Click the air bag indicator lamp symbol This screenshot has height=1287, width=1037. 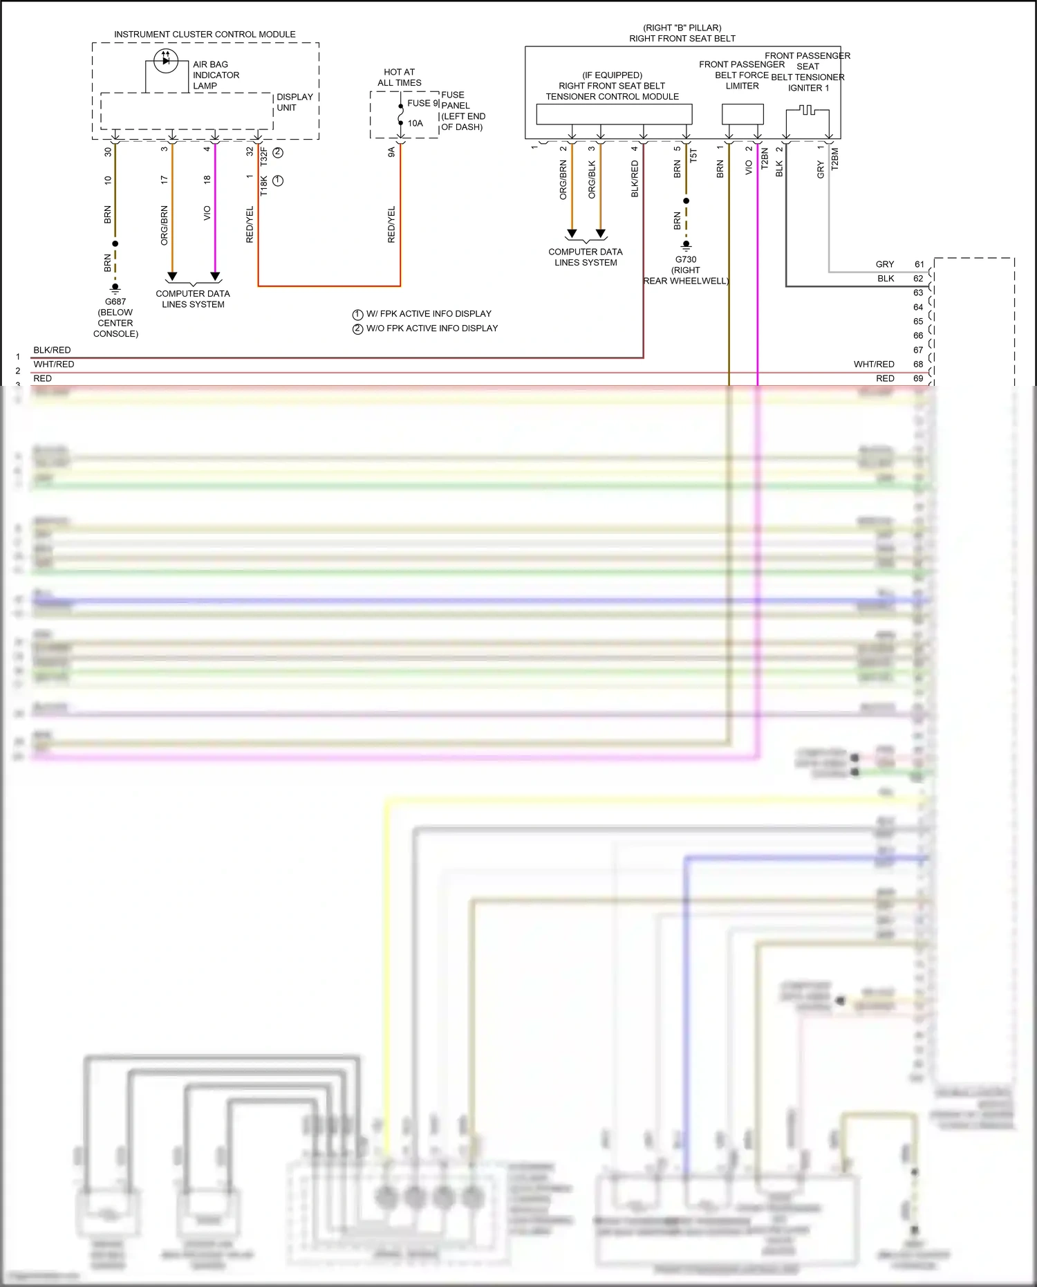(x=166, y=61)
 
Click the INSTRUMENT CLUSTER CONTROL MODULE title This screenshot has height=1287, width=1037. (x=205, y=34)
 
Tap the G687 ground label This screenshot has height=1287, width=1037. (x=115, y=302)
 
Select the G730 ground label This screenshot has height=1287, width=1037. (x=686, y=259)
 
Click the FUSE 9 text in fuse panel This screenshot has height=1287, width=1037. (x=422, y=103)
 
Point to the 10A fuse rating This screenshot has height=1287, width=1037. (x=415, y=123)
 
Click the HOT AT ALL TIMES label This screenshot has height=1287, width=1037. (x=399, y=77)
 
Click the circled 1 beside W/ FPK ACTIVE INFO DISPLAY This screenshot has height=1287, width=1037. (x=357, y=315)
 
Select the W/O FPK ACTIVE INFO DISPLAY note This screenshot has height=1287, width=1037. (x=432, y=328)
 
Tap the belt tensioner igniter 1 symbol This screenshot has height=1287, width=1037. (x=807, y=111)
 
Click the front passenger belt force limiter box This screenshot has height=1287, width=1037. (x=742, y=113)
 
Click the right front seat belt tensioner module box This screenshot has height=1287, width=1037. (x=614, y=113)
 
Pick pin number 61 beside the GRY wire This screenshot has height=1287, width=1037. (x=919, y=264)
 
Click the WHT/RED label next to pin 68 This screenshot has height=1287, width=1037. (x=874, y=364)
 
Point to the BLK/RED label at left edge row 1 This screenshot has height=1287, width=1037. (x=52, y=350)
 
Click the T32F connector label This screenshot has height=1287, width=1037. (x=263, y=156)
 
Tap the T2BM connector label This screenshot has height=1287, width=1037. (x=834, y=158)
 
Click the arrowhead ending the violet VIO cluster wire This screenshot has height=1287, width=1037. (x=215, y=277)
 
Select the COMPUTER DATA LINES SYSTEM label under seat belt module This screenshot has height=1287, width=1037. (x=586, y=257)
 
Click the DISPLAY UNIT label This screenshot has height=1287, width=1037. (x=295, y=102)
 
